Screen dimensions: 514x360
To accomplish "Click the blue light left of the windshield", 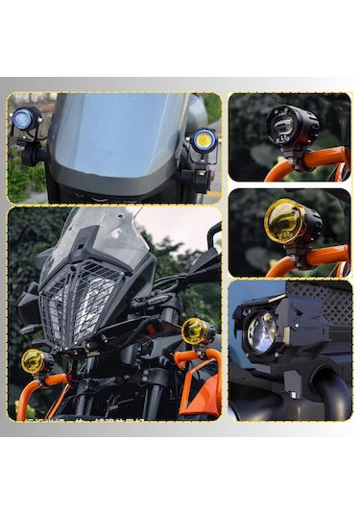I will tap(23, 119).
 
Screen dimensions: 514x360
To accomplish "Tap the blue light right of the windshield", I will tap(203, 139).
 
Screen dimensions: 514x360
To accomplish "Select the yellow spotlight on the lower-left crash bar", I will tap(36, 362).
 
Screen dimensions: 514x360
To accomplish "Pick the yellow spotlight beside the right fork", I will tap(197, 331).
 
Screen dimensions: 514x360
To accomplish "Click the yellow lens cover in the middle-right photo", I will tap(282, 221).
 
